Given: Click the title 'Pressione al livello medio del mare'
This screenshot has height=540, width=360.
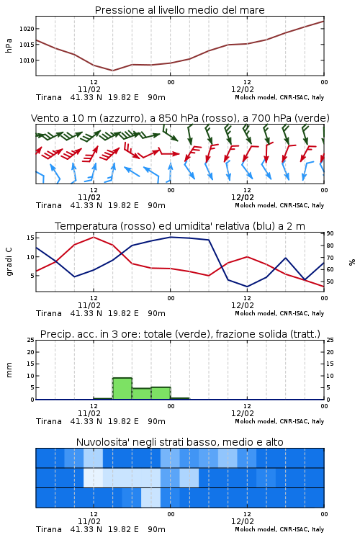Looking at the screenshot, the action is coord(179,10).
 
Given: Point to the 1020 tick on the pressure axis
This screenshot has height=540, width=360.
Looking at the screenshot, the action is coord(27,29).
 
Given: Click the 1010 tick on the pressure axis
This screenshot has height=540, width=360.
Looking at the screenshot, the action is coord(27,60).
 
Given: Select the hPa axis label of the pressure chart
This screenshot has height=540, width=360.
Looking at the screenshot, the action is coord(9,45).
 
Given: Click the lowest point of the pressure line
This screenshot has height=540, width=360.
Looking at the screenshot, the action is coord(112,71).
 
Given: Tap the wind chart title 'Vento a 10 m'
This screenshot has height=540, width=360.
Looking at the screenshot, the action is coord(180,118).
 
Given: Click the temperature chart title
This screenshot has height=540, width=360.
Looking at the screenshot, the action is coord(180,226).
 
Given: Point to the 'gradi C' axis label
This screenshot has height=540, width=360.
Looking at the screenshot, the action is coord(9,262).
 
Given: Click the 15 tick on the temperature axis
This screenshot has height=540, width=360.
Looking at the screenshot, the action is coord(30,238).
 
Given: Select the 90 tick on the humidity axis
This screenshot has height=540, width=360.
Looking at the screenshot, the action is coord(330,233).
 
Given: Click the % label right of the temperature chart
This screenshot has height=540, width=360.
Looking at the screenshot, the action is coord(352,262).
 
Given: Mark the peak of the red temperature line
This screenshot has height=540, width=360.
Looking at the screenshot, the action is coord(94,237).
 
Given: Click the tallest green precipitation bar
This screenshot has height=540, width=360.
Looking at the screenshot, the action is coord(122,389).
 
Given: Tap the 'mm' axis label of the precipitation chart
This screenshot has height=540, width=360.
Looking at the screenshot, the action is coord(9,370).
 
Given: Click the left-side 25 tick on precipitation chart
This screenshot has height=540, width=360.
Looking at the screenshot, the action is coord(30,341).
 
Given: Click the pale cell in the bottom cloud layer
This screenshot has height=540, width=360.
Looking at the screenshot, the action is coord(151,498).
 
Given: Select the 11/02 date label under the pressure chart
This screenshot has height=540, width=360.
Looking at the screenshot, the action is coord(89,89).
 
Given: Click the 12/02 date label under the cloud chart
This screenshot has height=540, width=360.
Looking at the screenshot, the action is coord(243,521).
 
